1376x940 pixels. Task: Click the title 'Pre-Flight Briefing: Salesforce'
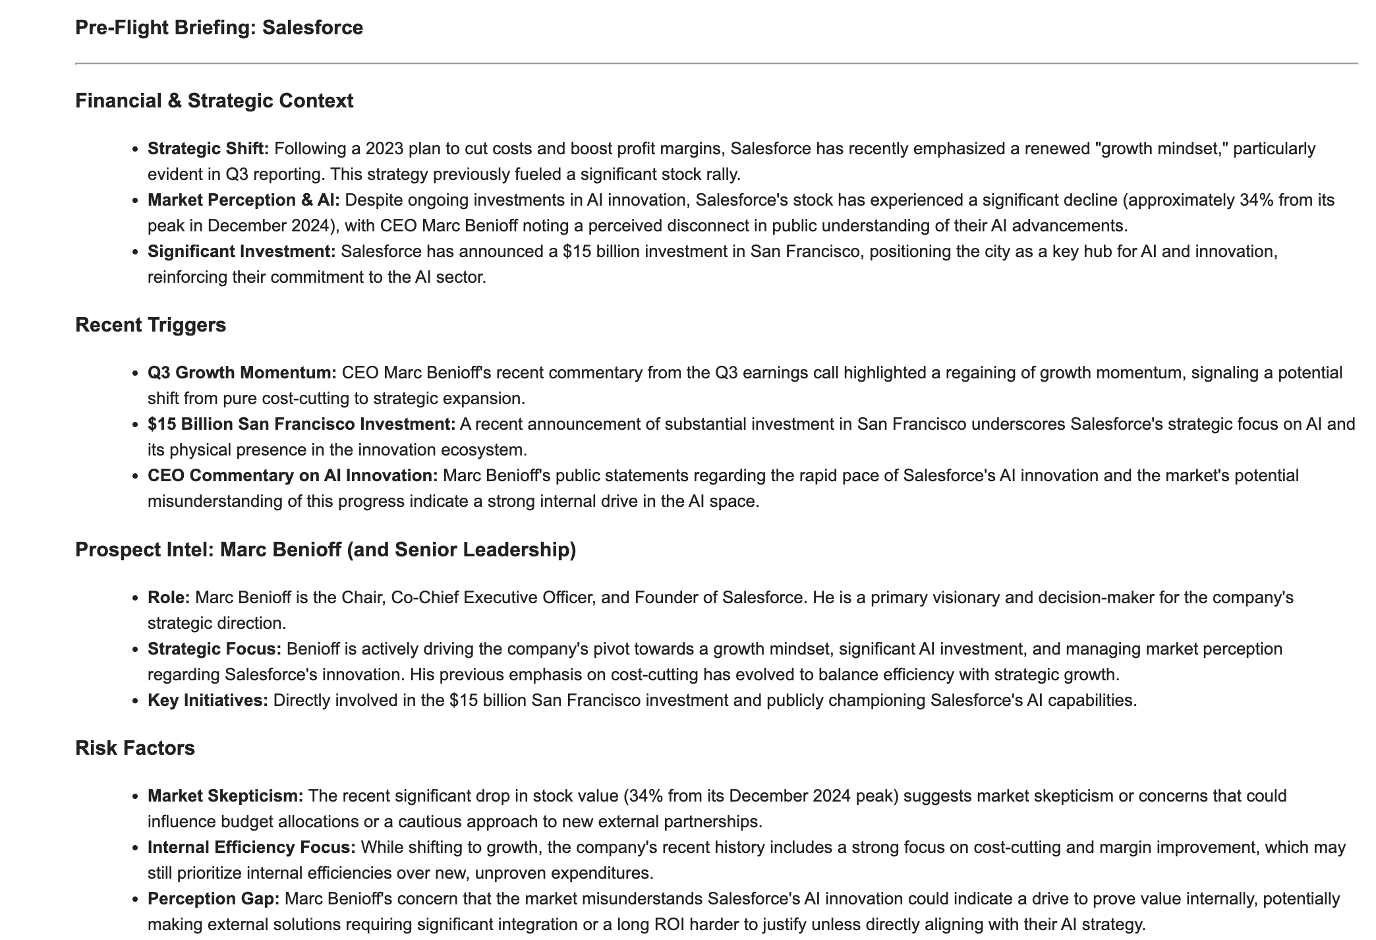pyautogui.click(x=219, y=28)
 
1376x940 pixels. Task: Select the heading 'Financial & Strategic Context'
pyautogui.click(x=214, y=101)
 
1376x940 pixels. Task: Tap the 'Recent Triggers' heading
pyautogui.click(x=150, y=325)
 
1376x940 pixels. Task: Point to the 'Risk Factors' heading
pyautogui.click(x=135, y=748)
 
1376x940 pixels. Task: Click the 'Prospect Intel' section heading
pyautogui.click(x=326, y=550)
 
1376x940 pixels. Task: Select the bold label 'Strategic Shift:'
pyautogui.click(x=208, y=149)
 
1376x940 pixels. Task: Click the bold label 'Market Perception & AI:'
pyautogui.click(x=244, y=200)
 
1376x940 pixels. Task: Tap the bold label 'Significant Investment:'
pyautogui.click(x=242, y=252)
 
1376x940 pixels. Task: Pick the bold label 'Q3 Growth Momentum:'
pyautogui.click(x=242, y=373)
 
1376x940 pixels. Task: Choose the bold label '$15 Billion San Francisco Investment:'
pyautogui.click(x=301, y=425)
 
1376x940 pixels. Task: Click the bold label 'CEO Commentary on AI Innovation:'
pyautogui.click(x=293, y=476)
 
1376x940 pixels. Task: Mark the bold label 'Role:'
pyautogui.click(x=169, y=598)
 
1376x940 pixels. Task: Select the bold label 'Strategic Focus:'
pyautogui.click(x=214, y=649)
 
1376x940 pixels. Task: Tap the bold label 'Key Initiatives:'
pyautogui.click(x=208, y=701)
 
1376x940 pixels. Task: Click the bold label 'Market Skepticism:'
pyautogui.click(x=225, y=796)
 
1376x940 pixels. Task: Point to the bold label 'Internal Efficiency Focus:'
pyautogui.click(x=252, y=848)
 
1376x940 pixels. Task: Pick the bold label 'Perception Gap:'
pyautogui.click(x=214, y=899)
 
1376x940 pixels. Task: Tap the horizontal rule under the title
pyautogui.click(x=716, y=64)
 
